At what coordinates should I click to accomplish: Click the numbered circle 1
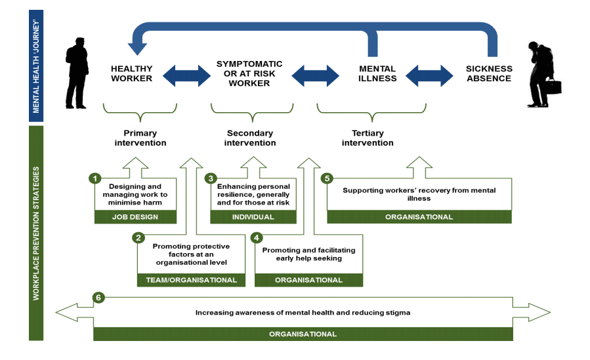pos(96,178)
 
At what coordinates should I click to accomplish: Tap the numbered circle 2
pos(138,237)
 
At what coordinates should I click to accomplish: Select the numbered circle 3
pos(211,178)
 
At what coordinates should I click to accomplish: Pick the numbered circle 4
pos(257,237)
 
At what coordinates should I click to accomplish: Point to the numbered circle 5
pos(326,178)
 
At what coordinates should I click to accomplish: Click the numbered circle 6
pos(98,298)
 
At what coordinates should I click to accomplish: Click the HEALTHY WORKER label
pos(131,73)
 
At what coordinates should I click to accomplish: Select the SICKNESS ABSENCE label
pos(488,73)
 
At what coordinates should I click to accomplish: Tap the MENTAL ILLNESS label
pos(377,73)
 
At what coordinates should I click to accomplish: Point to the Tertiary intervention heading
pos(368,138)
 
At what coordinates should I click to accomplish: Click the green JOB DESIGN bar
pos(136,217)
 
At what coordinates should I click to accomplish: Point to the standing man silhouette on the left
pos(77,73)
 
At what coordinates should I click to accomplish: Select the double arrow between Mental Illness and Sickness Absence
pos(430,73)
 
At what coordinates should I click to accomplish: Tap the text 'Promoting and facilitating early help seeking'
pos(308,254)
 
